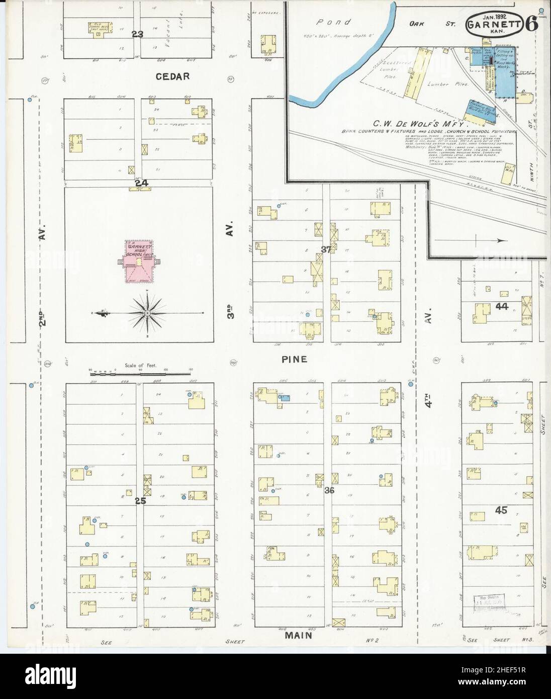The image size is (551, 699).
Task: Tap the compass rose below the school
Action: click(147, 313)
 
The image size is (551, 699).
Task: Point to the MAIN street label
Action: click(299, 635)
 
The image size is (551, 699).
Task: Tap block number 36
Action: click(330, 490)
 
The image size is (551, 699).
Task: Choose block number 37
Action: click(326, 248)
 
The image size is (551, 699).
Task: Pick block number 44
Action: click(501, 306)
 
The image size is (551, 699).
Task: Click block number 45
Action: click(501, 510)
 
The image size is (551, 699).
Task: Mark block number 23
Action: click(137, 34)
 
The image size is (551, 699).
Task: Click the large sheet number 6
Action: click(532, 23)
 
